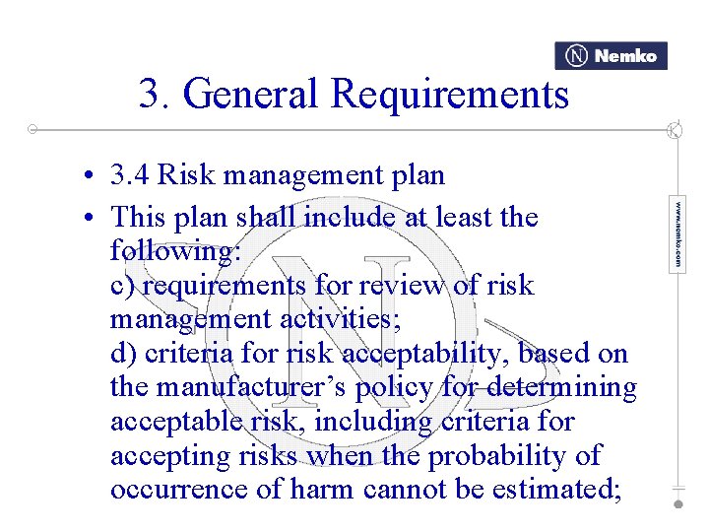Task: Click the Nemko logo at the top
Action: coord(611,56)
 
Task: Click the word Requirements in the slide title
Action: coord(450,95)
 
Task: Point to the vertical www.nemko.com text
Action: coord(677,235)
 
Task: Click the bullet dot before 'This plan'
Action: coord(89,217)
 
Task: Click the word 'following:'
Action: coord(175,251)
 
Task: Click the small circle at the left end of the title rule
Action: coord(32,129)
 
